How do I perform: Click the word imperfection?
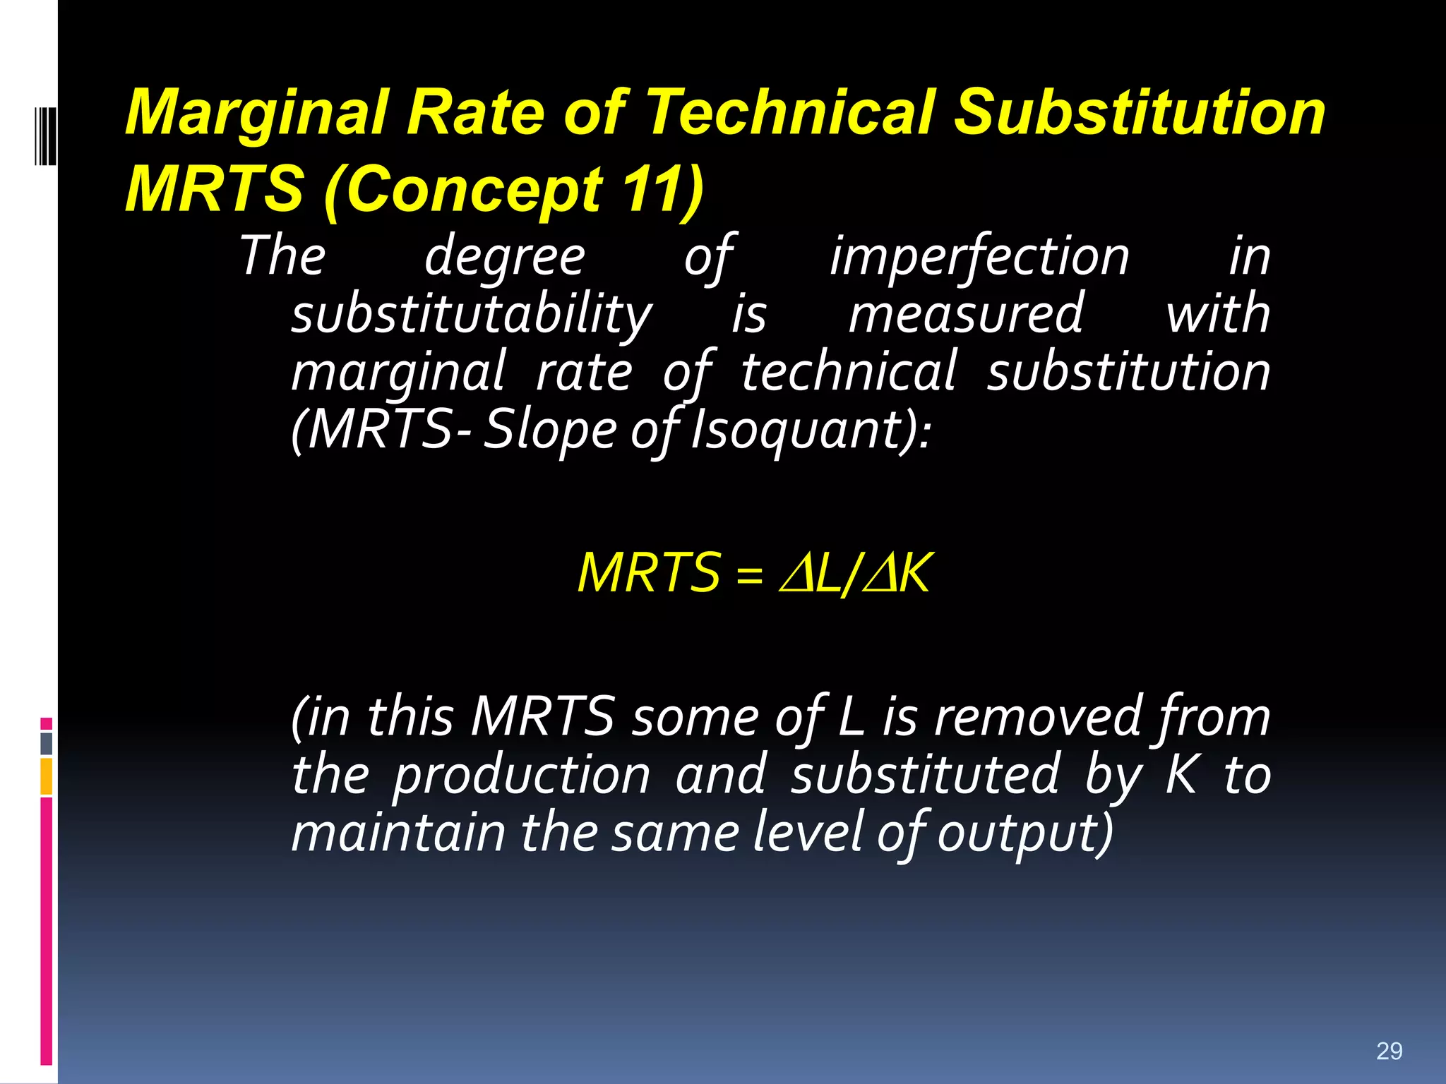pos(979,257)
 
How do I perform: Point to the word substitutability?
pos(472,315)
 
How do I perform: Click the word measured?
pos(965,315)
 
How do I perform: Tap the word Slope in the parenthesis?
pos(551,430)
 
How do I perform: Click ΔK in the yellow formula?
pos(897,573)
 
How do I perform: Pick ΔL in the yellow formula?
pos(812,573)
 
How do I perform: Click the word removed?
pos(1037,717)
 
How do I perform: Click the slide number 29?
pos(1389,1051)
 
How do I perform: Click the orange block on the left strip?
pos(47,776)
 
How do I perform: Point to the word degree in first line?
pos(504,257)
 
